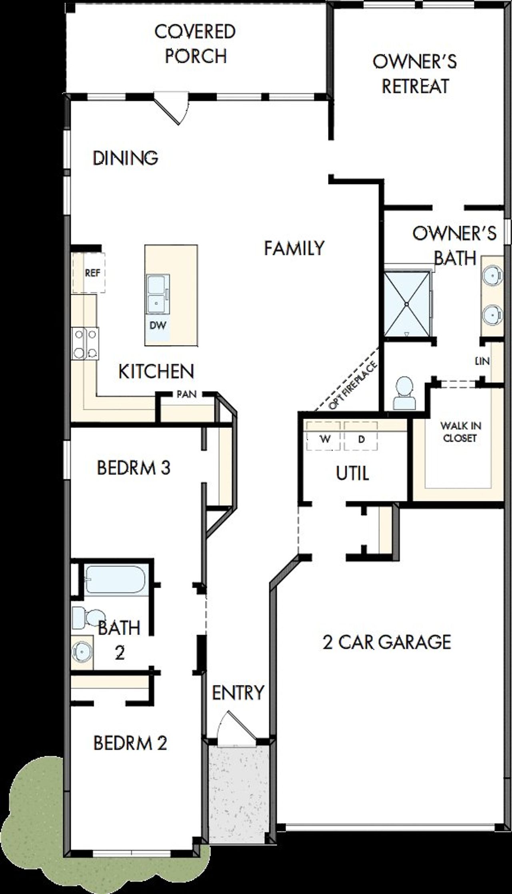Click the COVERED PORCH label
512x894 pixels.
(196, 44)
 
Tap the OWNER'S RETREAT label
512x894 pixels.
(415, 74)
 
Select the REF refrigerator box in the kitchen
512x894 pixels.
(92, 273)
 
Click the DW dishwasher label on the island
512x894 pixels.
(158, 325)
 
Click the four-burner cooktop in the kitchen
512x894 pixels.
(85, 343)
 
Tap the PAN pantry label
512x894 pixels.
(187, 394)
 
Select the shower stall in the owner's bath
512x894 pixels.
(406, 304)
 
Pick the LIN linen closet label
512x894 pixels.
(482, 361)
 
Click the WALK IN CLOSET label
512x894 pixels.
(460, 432)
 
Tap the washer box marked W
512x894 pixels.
(325, 439)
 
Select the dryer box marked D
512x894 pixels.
(361, 439)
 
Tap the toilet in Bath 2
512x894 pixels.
(88, 618)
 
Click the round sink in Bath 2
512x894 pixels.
(81, 652)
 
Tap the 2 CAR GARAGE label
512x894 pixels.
(387, 642)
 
